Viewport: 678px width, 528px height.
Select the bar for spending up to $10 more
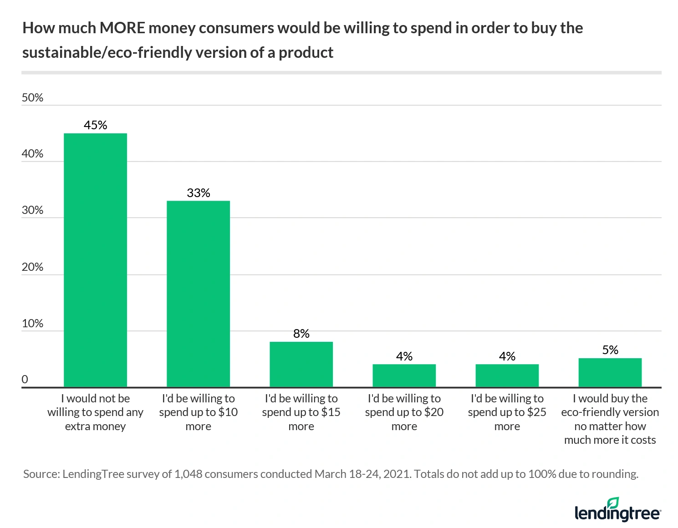[198, 294]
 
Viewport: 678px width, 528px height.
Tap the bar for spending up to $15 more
[301, 364]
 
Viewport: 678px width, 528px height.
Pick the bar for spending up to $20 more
[404, 376]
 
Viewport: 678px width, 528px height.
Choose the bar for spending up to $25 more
[507, 376]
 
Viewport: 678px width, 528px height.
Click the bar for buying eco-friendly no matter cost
[610, 373]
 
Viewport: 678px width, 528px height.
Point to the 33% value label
[198, 193]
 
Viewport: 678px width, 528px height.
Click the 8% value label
[301, 334]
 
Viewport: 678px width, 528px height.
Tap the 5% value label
[610, 350]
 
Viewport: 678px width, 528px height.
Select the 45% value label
[95, 125]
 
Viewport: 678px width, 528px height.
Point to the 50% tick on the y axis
[32, 98]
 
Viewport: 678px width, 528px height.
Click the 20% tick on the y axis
[32, 267]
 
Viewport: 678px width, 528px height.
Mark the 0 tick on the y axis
[25, 379]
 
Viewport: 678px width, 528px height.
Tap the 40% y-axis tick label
[32, 154]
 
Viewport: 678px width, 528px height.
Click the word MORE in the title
[122, 28]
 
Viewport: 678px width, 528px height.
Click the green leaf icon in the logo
[613, 503]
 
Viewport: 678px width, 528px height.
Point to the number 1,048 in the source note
[188, 474]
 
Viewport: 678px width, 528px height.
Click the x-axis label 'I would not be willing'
[95, 412]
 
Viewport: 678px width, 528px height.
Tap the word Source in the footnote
[41, 474]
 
